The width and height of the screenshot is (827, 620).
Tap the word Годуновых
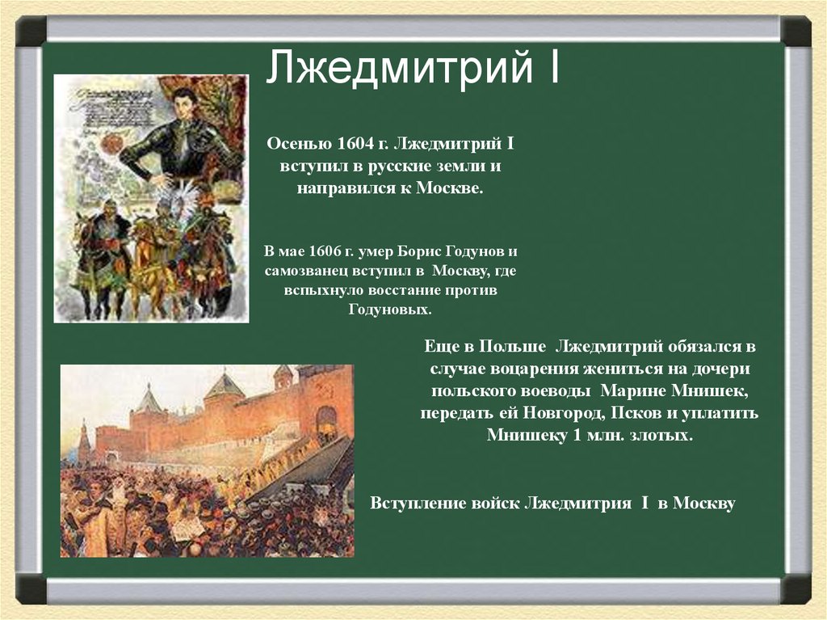(x=390, y=309)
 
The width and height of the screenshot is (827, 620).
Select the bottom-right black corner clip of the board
(x=796, y=588)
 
